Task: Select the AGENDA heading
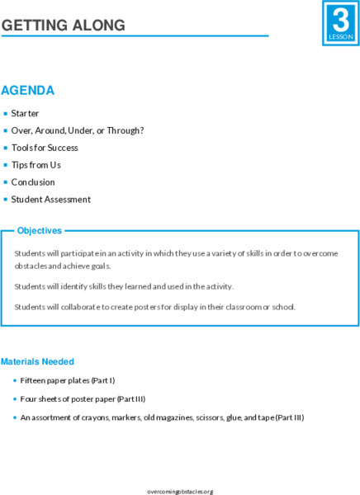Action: click(x=28, y=91)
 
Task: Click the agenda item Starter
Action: click(x=25, y=114)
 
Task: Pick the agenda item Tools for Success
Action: click(x=45, y=148)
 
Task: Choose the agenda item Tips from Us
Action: click(x=36, y=165)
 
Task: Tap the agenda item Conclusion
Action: click(x=33, y=182)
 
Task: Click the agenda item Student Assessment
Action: click(x=50, y=200)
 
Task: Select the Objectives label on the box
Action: click(x=40, y=231)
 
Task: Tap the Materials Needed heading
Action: click(x=37, y=361)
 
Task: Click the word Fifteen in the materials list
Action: click(x=36, y=380)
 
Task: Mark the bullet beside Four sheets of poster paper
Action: click(x=15, y=399)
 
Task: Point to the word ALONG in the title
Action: click(x=96, y=26)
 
